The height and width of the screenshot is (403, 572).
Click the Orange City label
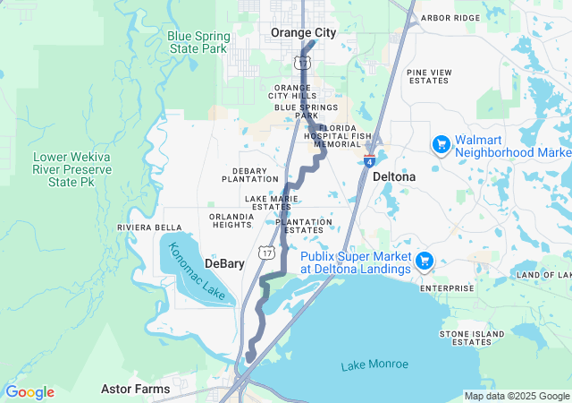304,32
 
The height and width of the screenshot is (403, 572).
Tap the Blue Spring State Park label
198,42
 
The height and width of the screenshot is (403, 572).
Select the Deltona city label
394,176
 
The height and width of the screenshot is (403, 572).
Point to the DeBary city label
224,264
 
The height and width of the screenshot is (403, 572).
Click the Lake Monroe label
374,364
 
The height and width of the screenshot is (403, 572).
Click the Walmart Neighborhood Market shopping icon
441,144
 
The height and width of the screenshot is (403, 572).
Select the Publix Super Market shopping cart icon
425,262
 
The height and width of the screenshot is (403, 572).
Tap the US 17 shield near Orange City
302,61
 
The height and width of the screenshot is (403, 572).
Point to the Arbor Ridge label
450,18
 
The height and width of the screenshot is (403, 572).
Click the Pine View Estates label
429,76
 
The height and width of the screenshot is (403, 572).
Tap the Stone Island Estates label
466,338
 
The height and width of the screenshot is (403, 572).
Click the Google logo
29,392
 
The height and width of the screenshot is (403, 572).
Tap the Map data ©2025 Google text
517,396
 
